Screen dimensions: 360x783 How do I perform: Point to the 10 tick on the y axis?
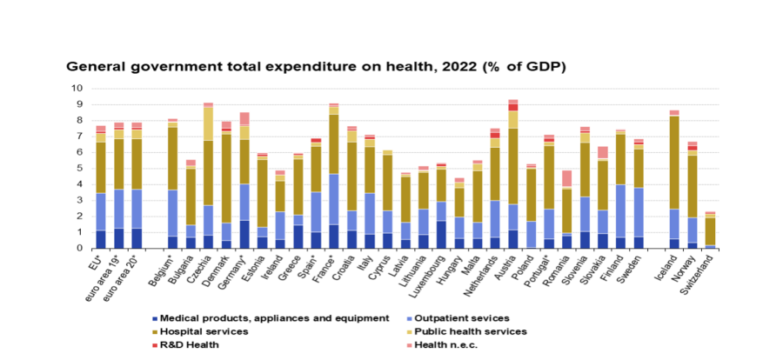tap(77, 88)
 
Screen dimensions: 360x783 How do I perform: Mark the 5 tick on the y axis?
tap(80, 168)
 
